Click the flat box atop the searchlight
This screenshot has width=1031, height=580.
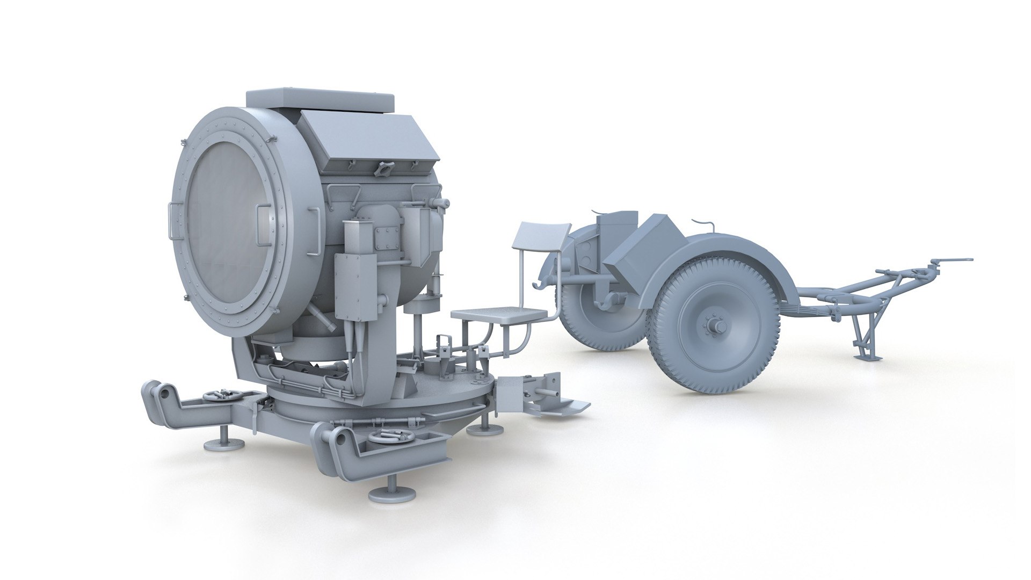pyautogui.click(x=320, y=100)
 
